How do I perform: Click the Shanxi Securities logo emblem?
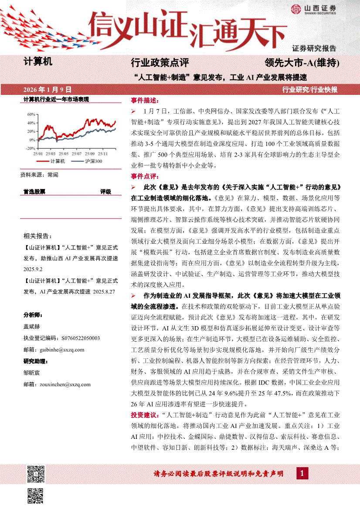click(296, 9)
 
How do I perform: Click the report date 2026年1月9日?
click(48, 90)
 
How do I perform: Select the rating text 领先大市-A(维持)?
click(302, 63)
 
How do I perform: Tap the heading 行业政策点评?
click(160, 63)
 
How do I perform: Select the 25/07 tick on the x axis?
click(77, 154)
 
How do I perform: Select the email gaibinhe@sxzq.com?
click(61, 349)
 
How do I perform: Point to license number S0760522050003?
click(75, 338)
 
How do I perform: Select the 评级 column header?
click(105, 192)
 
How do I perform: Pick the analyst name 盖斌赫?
click(32, 326)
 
